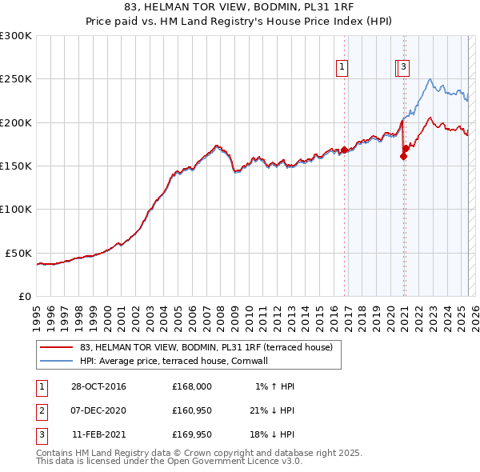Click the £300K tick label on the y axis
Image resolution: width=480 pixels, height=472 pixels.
17,36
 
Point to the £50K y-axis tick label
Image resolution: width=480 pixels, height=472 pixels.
19,253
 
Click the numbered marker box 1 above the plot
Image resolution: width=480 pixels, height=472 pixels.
342,68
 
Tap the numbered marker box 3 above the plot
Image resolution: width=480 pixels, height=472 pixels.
404,68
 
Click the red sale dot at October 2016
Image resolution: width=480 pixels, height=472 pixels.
345,150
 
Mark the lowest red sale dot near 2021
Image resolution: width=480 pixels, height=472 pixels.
403,156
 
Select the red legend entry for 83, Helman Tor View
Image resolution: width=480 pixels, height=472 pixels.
211,347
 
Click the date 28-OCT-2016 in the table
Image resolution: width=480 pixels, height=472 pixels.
98,386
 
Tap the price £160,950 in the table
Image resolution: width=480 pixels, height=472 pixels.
192,411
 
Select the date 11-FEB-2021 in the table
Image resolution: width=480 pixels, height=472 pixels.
98,436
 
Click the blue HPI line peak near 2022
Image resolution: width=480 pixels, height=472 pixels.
430,79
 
